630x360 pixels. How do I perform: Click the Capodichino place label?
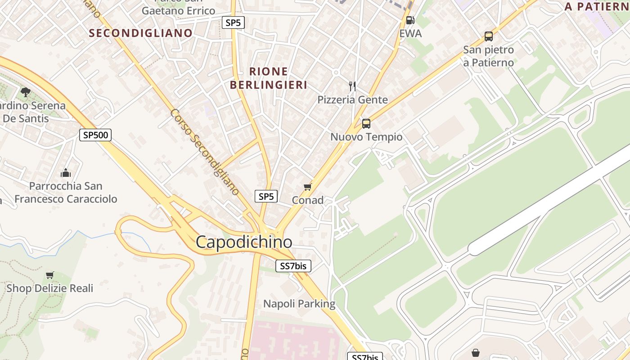pos(244,242)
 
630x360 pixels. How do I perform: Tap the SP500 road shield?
pos(95,135)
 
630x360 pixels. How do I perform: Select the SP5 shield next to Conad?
pos(266,196)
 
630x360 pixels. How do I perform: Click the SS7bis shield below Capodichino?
pos(293,266)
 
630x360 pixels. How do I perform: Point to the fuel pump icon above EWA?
pos(410,20)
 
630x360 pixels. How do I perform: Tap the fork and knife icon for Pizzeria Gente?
pos(352,86)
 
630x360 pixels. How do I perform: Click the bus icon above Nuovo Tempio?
pos(366,123)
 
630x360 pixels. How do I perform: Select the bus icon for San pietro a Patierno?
pos(489,36)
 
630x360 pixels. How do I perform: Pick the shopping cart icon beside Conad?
pos(308,187)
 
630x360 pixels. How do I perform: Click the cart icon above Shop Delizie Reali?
pos(49,275)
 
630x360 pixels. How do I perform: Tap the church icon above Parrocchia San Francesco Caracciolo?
pos(66,173)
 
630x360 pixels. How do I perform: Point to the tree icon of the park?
pos(26,92)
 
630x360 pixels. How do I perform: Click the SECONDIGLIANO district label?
pos(140,33)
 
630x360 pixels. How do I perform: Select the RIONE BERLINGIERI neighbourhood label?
pos(269,78)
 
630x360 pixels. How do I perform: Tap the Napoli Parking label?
pos(299,304)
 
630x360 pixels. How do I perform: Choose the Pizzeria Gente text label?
pos(352,99)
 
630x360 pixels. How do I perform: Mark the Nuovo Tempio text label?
pos(366,137)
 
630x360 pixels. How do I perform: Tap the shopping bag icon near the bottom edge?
pos(476,353)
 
